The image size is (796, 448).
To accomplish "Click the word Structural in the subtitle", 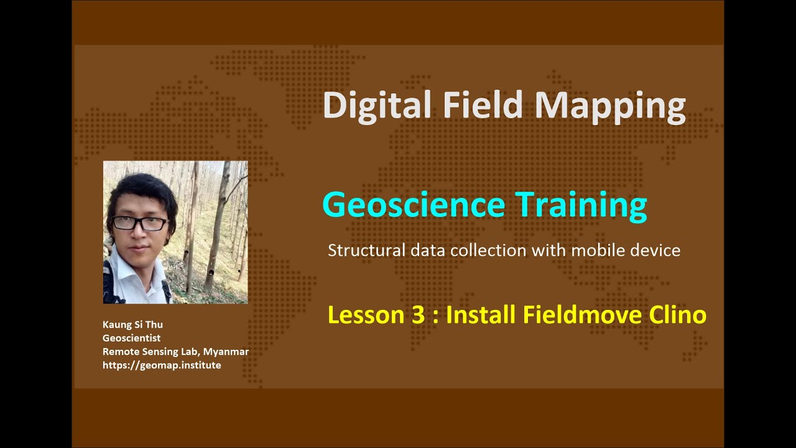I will [366, 251].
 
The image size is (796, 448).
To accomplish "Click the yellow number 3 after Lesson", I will [417, 315].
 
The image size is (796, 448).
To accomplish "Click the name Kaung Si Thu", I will [132, 324].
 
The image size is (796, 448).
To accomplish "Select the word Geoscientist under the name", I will [131, 338].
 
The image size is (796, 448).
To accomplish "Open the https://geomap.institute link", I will [162, 365].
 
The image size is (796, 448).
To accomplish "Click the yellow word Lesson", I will [366, 315].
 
